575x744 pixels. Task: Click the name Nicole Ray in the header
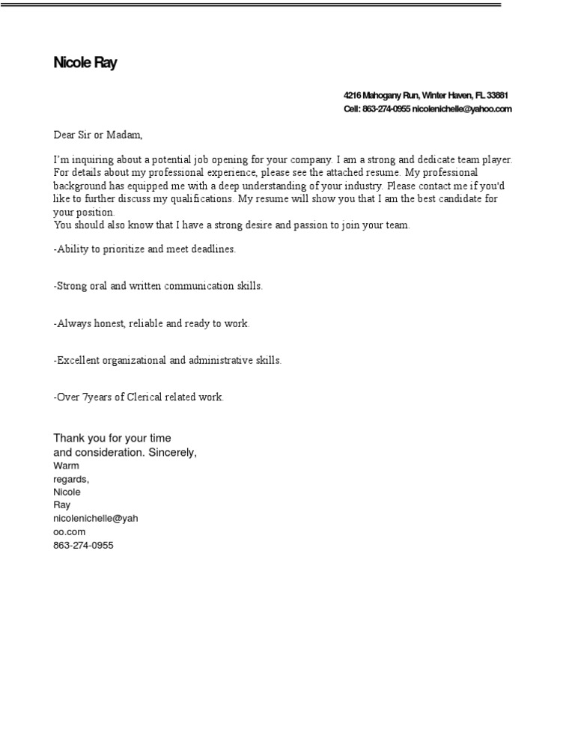pyautogui.click(x=85, y=63)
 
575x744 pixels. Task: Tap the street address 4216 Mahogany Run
pyautogui.click(x=380, y=96)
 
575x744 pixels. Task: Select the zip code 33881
pyautogui.click(x=497, y=96)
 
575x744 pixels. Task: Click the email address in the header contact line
pyautogui.click(x=462, y=109)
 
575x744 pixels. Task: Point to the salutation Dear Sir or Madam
pyautogui.click(x=97, y=135)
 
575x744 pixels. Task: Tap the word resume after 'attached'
pyautogui.click(x=383, y=173)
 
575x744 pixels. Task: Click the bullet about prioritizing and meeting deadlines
pyautogui.click(x=144, y=249)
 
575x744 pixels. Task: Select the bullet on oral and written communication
pyautogui.click(x=158, y=287)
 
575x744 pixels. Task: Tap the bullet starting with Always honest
pyautogui.click(x=151, y=324)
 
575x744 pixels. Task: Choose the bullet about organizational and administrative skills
pyautogui.click(x=168, y=361)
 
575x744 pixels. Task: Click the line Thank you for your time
pyautogui.click(x=112, y=439)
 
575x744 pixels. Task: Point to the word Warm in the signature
pyautogui.click(x=66, y=466)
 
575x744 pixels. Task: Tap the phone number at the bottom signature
pyautogui.click(x=83, y=546)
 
